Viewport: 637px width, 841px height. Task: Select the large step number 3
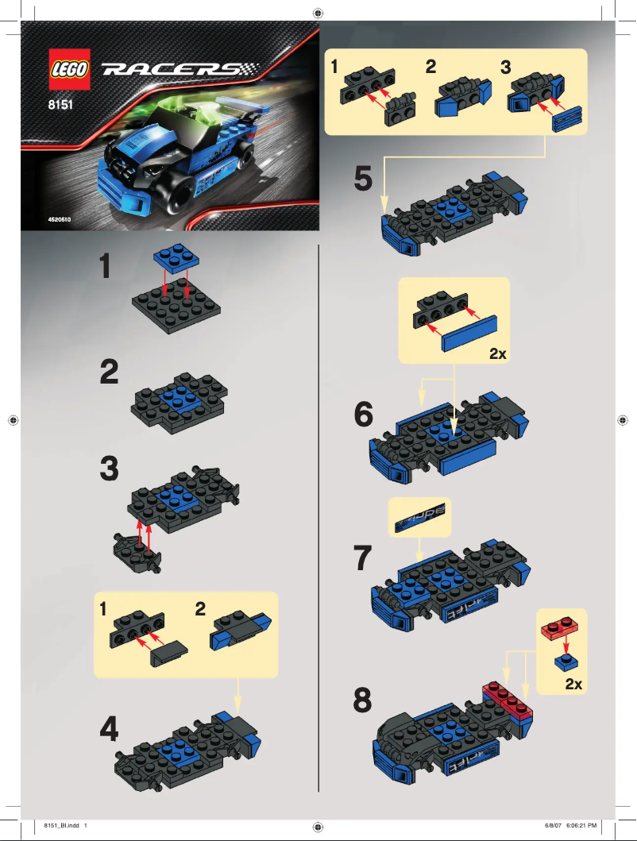coord(110,469)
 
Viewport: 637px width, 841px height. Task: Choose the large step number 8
coord(362,700)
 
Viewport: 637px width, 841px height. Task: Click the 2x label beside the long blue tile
coord(497,355)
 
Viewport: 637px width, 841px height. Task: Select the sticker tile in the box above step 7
coord(419,518)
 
